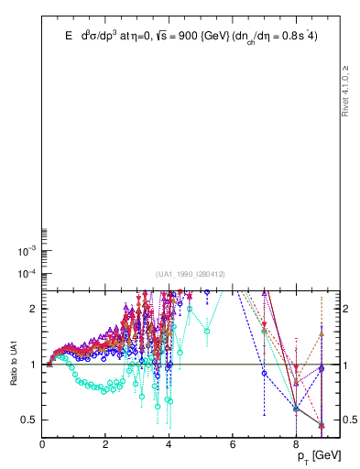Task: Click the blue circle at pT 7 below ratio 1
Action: coord(265,373)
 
